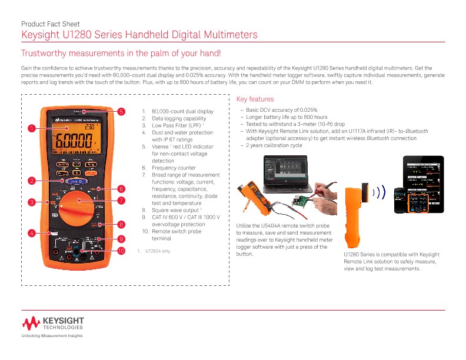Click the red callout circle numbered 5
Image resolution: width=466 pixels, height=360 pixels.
(x=121, y=111)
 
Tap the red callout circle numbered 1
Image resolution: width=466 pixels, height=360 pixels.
(x=31, y=128)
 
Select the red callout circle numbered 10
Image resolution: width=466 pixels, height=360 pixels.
(x=121, y=251)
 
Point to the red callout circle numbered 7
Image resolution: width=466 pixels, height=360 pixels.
(x=121, y=201)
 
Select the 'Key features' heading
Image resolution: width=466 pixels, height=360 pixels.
(x=254, y=99)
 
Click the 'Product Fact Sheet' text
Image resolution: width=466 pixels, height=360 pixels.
(x=48, y=24)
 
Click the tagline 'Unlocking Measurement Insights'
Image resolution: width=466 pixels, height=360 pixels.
(x=52, y=336)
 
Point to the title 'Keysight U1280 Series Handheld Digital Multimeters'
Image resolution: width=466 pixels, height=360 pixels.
(x=139, y=35)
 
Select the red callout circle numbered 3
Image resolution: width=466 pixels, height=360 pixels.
(x=31, y=202)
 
